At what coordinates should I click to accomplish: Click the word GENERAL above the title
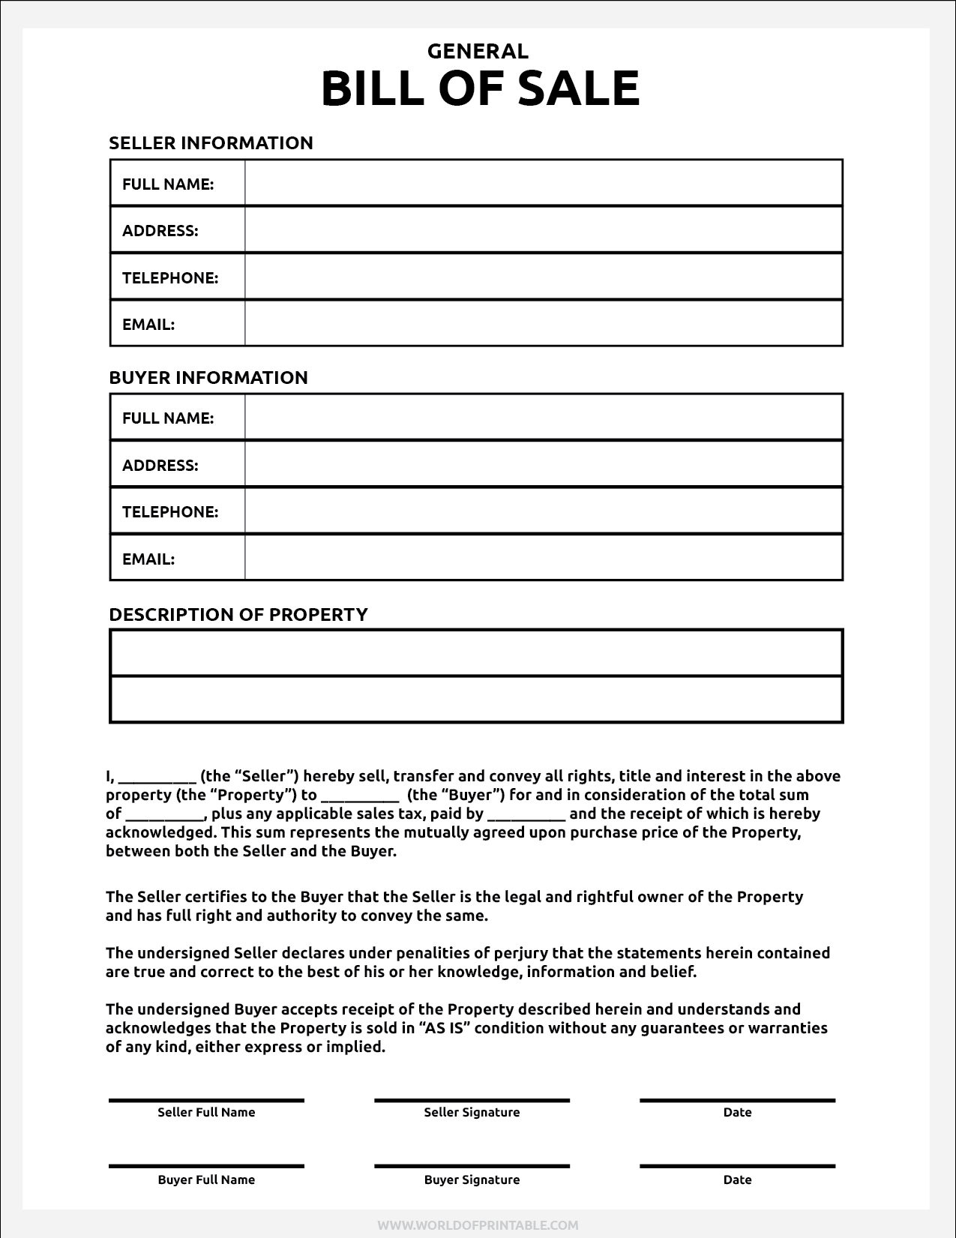click(478, 51)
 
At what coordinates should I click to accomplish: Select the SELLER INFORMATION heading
click(211, 142)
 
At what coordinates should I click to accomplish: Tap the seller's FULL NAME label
click(168, 184)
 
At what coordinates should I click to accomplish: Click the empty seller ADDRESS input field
click(543, 230)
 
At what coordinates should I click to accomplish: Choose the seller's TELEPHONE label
click(170, 277)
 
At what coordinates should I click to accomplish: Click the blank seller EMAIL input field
click(543, 324)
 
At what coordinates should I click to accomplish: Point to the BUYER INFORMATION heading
click(208, 377)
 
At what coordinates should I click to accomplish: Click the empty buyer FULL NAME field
click(543, 418)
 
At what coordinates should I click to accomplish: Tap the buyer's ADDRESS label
click(160, 465)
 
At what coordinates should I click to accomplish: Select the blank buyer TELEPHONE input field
click(543, 511)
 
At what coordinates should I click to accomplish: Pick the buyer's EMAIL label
click(148, 559)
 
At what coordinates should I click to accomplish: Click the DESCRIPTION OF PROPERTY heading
click(238, 614)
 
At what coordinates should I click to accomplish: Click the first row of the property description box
click(477, 653)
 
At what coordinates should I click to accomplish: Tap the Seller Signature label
click(472, 1112)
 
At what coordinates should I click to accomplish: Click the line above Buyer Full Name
click(206, 1166)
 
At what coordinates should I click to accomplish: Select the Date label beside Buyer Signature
click(737, 1180)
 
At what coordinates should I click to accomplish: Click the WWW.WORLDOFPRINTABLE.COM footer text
click(478, 1225)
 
